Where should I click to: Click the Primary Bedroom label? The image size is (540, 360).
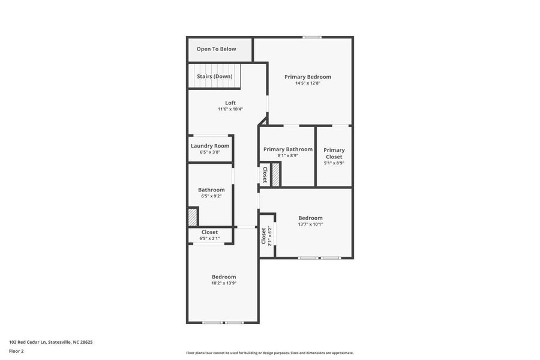tap(307, 77)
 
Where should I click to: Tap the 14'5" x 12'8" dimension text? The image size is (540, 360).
tap(307, 83)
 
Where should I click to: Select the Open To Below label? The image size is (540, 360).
tap(216, 49)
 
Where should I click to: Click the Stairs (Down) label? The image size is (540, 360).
tap(214, 77)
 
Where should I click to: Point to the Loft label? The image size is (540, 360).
tap(230, 103)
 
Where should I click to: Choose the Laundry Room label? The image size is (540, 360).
tap(210, 146)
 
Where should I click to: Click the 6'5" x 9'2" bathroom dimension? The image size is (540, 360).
tap(211, 196)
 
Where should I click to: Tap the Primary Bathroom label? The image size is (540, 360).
tap(287, 149)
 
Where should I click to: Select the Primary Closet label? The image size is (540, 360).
tap(334, 154)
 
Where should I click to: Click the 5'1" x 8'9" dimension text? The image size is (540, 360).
tap(334, 163)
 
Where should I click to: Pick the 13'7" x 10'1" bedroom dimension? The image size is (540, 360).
tap(310, 224)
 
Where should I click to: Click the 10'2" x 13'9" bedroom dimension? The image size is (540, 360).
tap(223, 283)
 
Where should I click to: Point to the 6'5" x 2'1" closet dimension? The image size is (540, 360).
tap(209, 238)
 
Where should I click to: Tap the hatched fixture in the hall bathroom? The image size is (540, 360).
tap(193, 216)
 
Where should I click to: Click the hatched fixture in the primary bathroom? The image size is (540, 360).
tap(276, 174)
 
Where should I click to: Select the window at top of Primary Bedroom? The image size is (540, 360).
tap(311, 37)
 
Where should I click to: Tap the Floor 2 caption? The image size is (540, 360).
tap(16, 351)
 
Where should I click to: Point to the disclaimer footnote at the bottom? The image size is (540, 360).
tap(269, 353)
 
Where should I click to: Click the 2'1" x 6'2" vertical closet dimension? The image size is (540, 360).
tap(270, 236)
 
